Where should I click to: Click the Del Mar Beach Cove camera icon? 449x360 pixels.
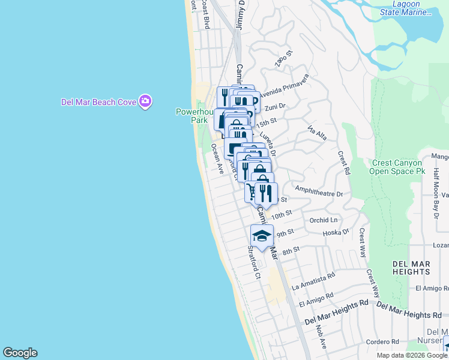(x=145, y=101)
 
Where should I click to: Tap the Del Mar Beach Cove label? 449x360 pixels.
(x=98, y=102)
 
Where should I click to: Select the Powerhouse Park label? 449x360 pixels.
(x=191, y=116)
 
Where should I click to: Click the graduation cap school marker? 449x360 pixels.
(x=262, y=235)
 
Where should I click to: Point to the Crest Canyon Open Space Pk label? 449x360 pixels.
(x=399, y=167)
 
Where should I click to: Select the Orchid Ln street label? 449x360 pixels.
(x=324, y=220)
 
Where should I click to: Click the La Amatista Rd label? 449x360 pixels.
(x=313, y=281)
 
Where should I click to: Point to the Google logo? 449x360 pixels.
(x=20, y=353)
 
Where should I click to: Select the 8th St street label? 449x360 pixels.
(x=291, y=250)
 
